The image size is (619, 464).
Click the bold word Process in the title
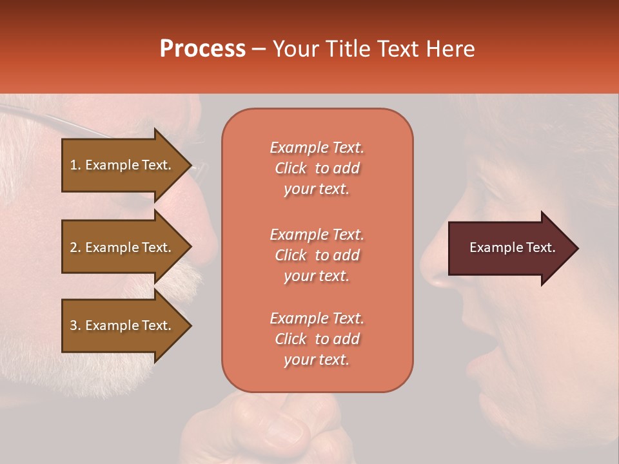click(x=202, y=49)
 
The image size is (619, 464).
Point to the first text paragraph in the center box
click(x=317, y=168)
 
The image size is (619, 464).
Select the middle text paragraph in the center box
click(x=317, y=255)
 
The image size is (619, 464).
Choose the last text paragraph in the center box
click(x=317, y=339)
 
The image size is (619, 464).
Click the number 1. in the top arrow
click(x=75, y=165)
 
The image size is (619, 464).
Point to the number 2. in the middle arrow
click(x=75, y=247)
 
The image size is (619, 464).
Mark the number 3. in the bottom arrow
click(x=75, y=325)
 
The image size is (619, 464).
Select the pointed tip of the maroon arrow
click(x=576, y=248)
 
